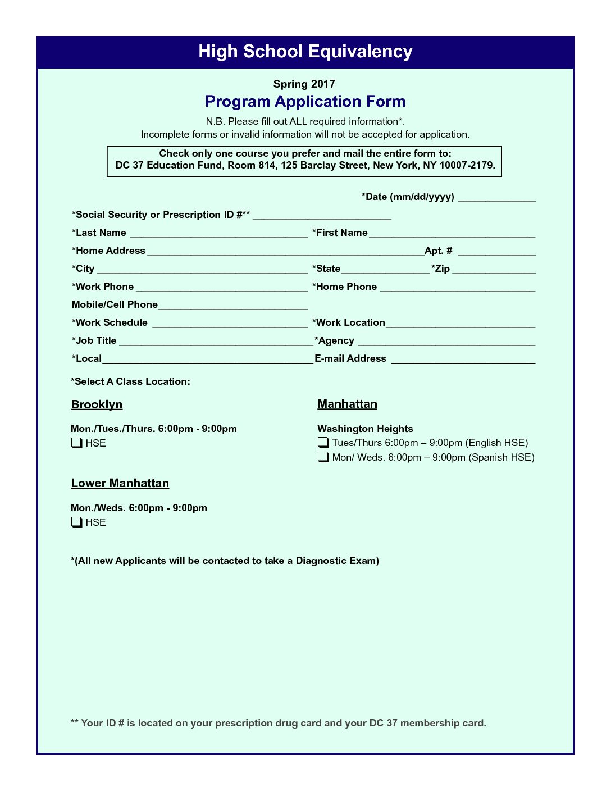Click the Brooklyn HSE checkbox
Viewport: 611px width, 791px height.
(x=77, y=443)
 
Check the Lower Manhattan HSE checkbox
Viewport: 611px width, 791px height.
(x=77, y=522)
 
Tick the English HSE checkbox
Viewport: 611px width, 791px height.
(x=323, y=443)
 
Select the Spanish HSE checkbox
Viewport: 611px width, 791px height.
(x=323, y=457)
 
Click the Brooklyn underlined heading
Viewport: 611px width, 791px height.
(x=97, y=404)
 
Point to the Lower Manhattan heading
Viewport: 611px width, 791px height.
(x=120, y=483)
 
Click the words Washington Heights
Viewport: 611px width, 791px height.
(x=365, y=429)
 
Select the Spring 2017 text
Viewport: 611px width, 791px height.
(x=304, y=84)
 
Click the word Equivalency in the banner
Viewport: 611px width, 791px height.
(x=360, y=52)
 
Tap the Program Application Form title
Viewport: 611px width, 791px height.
(x=305, y=102)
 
